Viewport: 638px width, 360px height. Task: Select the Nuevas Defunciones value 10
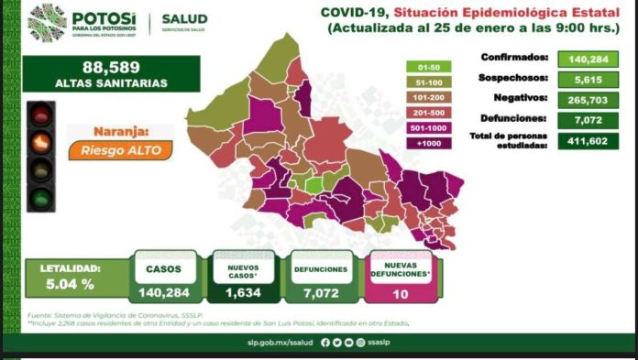click(x=399, y=294)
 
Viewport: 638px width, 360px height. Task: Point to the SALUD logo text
click(x=184, y=18)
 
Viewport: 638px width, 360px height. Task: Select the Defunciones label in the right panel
click(x=514, y=119)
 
